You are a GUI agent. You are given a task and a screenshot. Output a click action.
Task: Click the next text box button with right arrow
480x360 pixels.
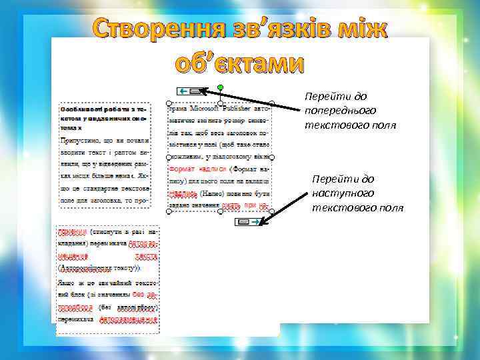pyautogui.click(x=251, y=221)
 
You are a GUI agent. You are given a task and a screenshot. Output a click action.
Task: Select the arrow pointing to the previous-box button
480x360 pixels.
pyautogui.click(x=253, y=99)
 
